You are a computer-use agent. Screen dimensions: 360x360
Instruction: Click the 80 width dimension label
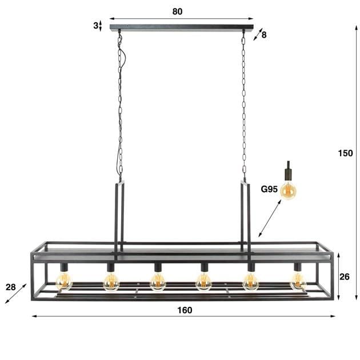[x=177, y=11]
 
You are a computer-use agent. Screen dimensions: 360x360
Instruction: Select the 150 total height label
[x=345, y=153]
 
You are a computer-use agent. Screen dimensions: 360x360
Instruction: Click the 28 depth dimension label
[x=11, y=287]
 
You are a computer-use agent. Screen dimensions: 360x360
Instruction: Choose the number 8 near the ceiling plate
[x=264, y=35]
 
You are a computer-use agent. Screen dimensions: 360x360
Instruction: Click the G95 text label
[x=269, y=189]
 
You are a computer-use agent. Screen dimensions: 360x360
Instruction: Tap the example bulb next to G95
[x=289, y=190]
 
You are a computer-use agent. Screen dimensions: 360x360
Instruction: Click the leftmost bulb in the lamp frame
[x=64, y=281]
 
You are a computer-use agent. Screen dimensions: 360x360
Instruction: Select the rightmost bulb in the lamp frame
[x=298, y=281]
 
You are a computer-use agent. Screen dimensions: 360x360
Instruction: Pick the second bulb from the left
[x=111, y=281]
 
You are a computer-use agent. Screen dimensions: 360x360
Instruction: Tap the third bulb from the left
[x=158, y=281]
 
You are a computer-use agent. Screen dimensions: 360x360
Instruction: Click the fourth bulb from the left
[x=204, y=281]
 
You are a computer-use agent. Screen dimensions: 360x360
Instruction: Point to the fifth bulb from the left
[x=251, y=281]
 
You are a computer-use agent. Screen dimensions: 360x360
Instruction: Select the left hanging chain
[x=120, y=103]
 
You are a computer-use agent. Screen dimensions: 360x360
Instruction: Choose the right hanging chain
[x=244, y=103]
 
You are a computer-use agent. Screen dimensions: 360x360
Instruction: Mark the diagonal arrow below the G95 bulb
[x=270, y=219]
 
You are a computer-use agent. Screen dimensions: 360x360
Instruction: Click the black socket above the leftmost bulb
[x=64, y=267]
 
